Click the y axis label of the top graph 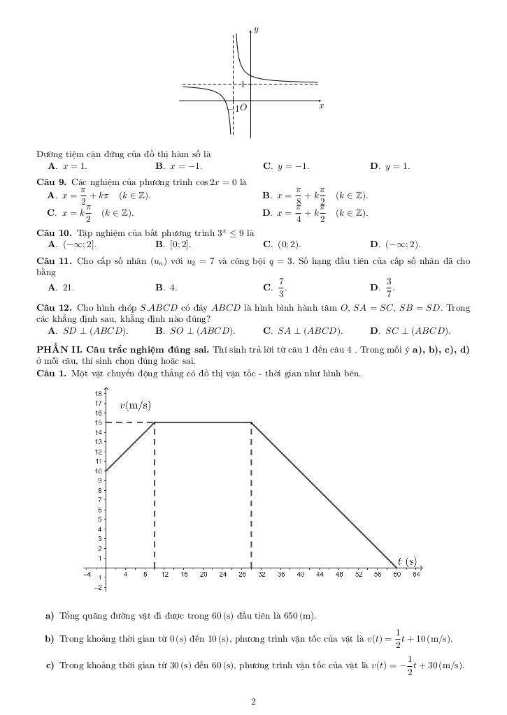[257, 30]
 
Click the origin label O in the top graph [244, 108]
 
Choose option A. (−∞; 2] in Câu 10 [73, 244]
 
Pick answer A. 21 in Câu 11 [62, 287]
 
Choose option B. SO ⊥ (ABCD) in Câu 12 [195, 331]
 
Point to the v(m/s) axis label [136, 405]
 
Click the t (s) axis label [407, 561]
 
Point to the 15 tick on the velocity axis [99, 422]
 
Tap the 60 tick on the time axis [397, 574]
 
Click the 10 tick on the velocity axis [99, 471]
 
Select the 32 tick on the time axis [262, 574]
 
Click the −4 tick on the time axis [87, 574]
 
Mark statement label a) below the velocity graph [50, 616]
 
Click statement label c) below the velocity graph [50, 665]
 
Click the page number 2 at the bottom [253, 702]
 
